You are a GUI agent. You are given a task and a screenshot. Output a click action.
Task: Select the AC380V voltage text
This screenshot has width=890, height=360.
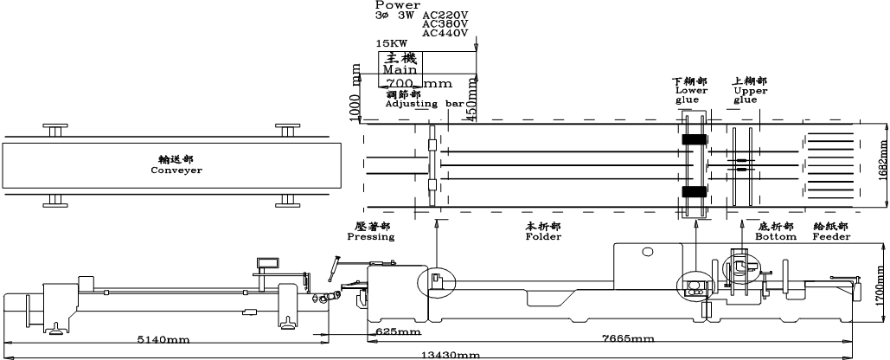pyautogui.click(x=445, y=24)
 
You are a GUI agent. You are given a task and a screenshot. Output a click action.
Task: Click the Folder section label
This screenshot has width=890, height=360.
pyautogui.click(x=543, y=236)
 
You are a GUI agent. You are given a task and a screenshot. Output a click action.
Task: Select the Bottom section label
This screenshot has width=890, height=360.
pyautogui.click(x=775, y=236)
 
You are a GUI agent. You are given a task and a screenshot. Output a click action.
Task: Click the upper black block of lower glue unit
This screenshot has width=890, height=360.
pyautogui.click(x=694, y=139)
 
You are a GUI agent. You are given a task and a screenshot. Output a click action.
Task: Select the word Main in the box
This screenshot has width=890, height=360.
pyautogui.click(x=400, y=68)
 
